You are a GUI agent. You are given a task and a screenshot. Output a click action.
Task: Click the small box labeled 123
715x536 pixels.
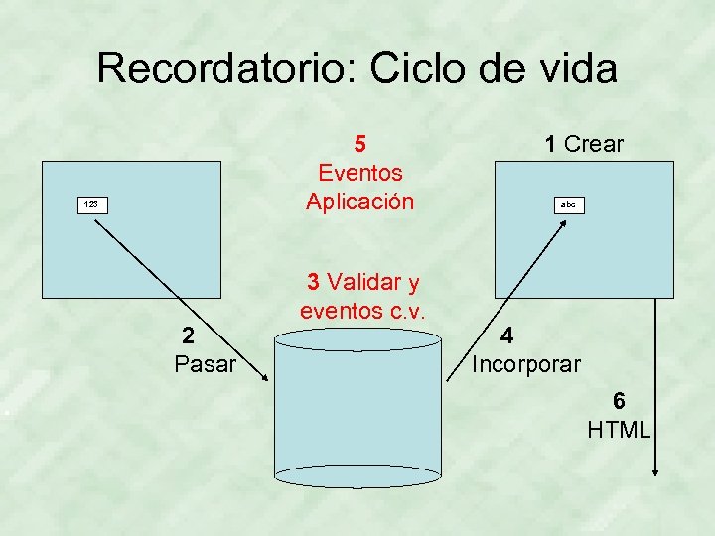tap(91, 204)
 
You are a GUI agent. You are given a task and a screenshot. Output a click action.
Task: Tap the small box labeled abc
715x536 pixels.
tap(568, 204)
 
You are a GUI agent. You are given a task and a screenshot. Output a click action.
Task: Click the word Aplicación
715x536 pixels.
tap(359, 201)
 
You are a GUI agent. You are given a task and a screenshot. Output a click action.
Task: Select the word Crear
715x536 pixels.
tap(593, 144)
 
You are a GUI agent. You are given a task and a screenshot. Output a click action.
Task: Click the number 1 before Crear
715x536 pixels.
tap(550, 144)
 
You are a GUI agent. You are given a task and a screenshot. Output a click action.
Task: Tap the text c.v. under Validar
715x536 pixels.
tap(401, 310)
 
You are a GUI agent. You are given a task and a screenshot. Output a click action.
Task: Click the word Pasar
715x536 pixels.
tap(205, 364)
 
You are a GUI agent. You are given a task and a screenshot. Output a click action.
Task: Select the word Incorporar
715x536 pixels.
tap(526, 364)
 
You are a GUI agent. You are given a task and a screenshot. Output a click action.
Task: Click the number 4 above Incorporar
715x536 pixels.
tap(506, 335)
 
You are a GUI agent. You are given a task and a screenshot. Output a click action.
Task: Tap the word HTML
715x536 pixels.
tap(619, 430)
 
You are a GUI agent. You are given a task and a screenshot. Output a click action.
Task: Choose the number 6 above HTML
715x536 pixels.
tap(619, 401)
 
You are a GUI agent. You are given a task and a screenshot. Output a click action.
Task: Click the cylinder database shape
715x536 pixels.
tap(357, 407)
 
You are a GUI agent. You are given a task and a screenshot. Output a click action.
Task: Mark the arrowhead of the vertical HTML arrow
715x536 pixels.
tap(655, 471)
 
